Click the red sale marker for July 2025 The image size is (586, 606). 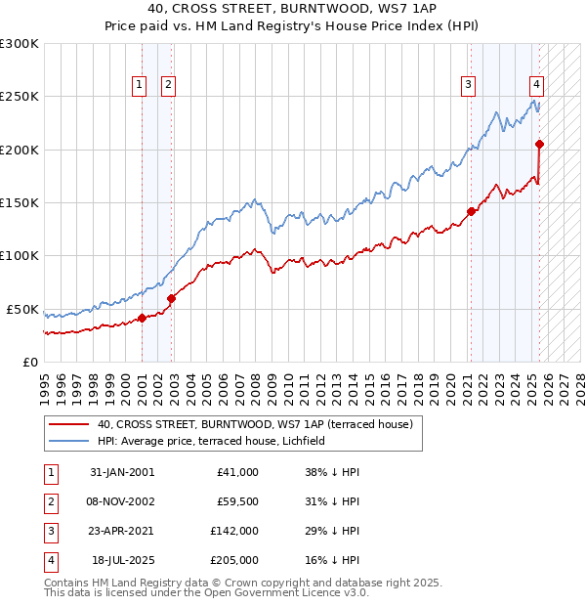tap(539, 145)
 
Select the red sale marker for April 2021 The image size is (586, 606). tap(471, 211)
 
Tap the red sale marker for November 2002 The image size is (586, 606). tap(171, 298)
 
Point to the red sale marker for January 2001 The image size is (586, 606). tap(142, 318)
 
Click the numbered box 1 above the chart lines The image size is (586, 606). tap(140, 85)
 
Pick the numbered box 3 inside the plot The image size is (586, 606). tap(469, 85)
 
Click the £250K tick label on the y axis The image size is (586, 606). tap(19, 97)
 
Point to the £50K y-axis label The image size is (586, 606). tap(21, 309)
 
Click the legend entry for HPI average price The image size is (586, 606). tap(216, 441)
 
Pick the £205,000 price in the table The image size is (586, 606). tap(234, 560)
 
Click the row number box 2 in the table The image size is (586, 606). tap(50, 501)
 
